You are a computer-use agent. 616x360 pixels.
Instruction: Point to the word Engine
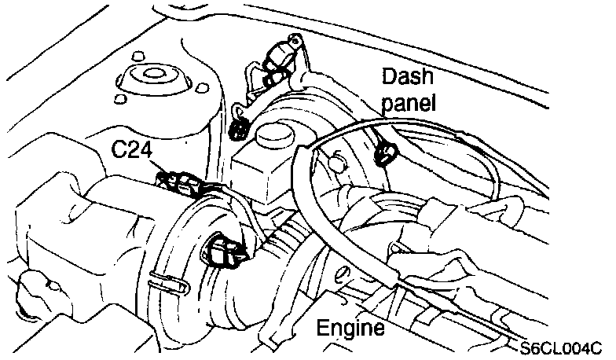[x=350, y=327]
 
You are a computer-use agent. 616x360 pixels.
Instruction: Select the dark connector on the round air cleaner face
[x=224, y=252]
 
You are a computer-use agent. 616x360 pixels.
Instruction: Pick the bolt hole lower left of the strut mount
[x=119, y=99]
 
